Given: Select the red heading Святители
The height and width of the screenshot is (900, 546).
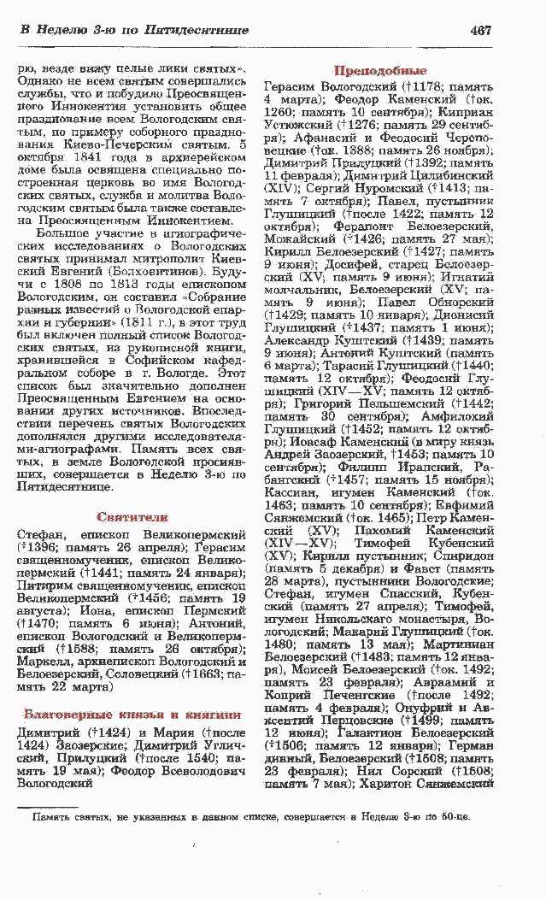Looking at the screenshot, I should [x=132, y=517].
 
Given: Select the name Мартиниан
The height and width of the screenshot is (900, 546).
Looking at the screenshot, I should [x=461, y=644].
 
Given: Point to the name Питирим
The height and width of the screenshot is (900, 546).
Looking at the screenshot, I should [x=44, y=565].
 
